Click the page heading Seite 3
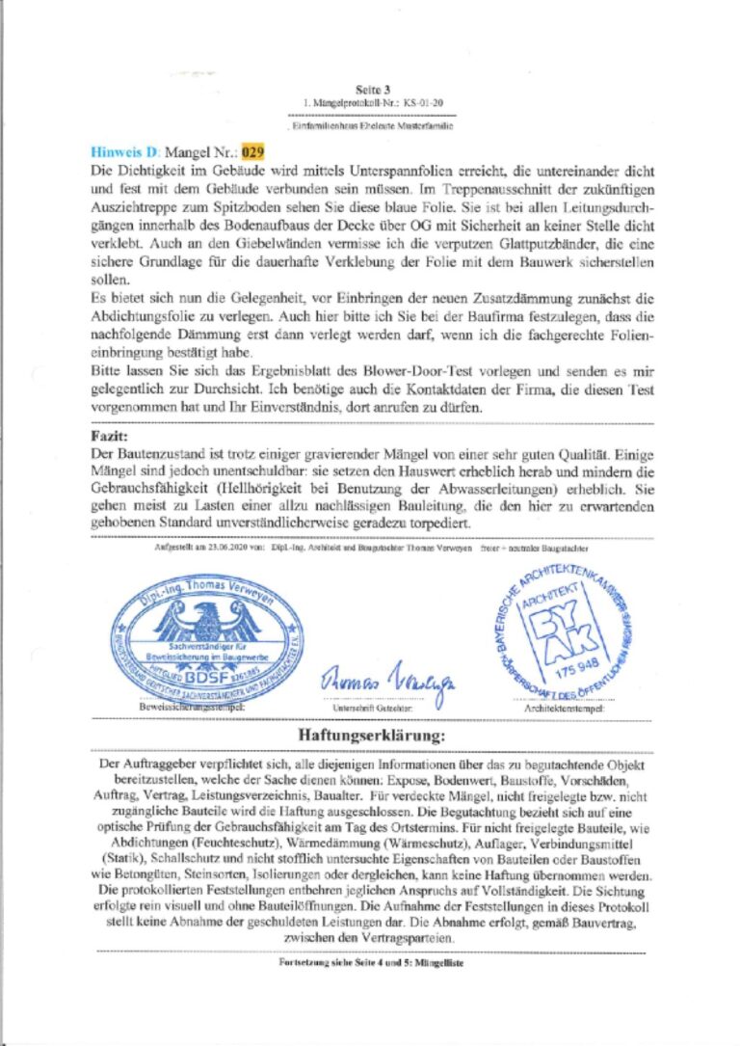(x=371, y=89)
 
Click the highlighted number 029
(x=252, y=151)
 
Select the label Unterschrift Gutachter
(x=368, y=708)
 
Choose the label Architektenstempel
(x=566, y=709)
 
